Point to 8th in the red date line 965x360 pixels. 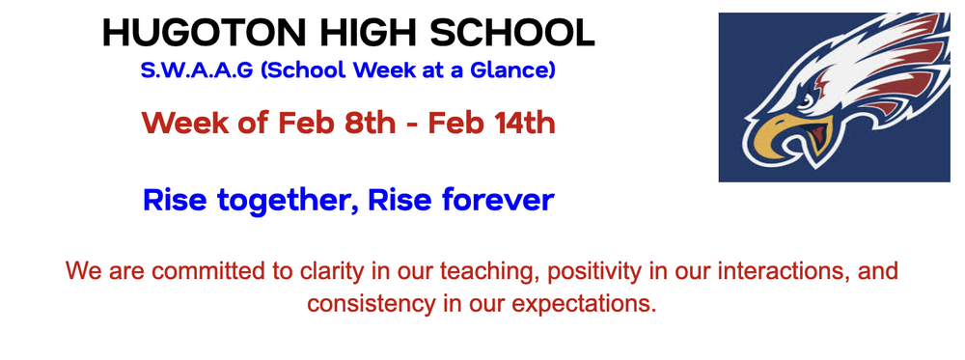[348, 124]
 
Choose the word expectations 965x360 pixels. [592, 304]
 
